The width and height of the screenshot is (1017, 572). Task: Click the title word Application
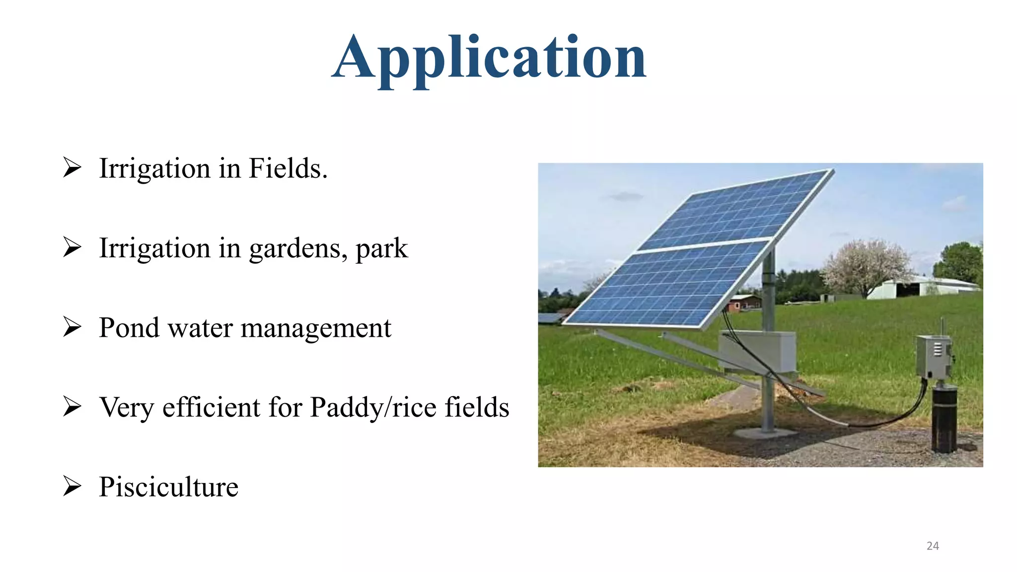coord(489,59)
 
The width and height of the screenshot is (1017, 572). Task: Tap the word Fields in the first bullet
coord(288,168)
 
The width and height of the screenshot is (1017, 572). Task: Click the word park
coord(381,248)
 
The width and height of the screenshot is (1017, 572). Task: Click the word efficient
coord(212,407)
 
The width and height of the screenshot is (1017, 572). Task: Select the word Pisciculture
coord(168,487)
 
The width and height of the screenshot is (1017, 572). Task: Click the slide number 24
coord(933,546)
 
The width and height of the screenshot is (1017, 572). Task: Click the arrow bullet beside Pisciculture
coord(72,486)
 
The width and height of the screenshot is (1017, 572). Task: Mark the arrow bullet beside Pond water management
coord(72,327)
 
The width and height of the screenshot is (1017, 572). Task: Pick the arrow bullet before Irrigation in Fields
coord(72,168)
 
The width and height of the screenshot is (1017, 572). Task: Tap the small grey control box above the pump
coord(934,357)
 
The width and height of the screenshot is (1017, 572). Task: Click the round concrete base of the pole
coord(765,433)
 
